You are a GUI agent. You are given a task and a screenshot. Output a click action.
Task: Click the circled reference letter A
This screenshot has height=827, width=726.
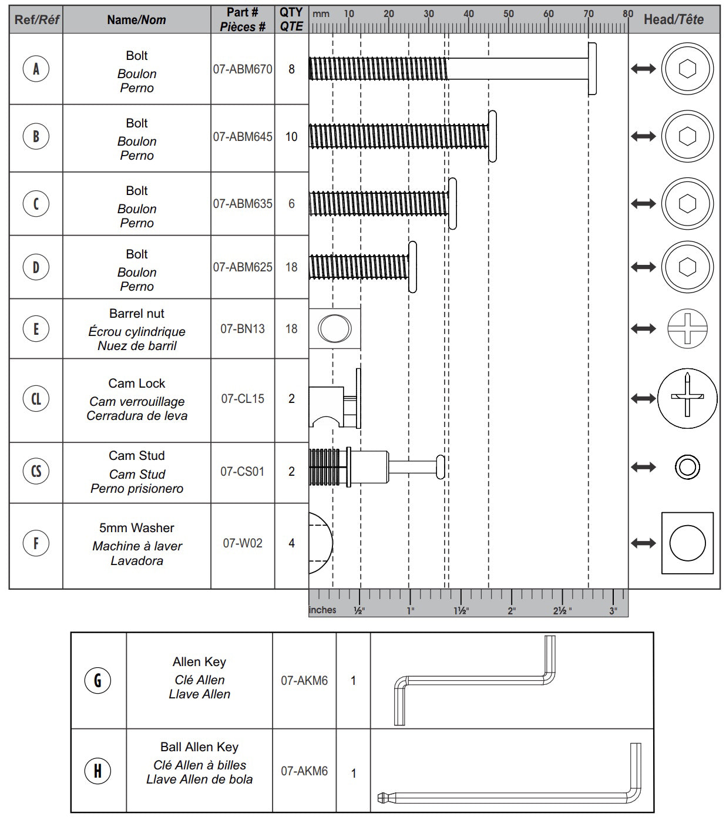pyautogui.click(x=36, y=69)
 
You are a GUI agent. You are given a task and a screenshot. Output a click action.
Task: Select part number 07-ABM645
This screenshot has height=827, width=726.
pyautogui.click(x=243, y=137)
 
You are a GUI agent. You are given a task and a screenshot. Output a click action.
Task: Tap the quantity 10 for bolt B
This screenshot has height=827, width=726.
pyautogui.click(x=291, y=137)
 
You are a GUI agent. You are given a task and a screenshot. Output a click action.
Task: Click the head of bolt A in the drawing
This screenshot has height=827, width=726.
pyautogui.click(x=592, y=69)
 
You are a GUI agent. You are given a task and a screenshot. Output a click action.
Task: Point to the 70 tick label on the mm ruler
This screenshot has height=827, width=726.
pyautogui.click(x=588, y=14)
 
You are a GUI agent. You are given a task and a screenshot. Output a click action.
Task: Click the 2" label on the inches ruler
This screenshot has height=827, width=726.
pyautogui.click(x=512, y=611)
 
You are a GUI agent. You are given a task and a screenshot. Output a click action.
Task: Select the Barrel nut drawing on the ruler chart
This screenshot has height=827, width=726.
pyautogui.click(x=335, y=328)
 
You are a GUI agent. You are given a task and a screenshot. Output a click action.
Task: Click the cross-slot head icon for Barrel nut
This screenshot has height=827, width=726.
pyautogui.click(x=687, y=328)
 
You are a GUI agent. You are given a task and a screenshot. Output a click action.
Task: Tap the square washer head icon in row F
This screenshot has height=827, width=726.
pyautogui.click(x=687, y=543)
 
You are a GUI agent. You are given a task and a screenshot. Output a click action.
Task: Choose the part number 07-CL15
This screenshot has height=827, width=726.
pyautogui.click(x=243, y=399)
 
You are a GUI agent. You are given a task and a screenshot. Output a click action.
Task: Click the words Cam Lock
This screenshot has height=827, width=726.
pyautogui.click(x=137, y=384)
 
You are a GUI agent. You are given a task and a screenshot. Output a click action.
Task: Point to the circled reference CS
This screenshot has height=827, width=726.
pyautogui.click(x=36, y=471)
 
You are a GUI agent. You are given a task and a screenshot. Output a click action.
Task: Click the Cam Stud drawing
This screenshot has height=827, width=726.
pyautogui.click(x=376, y=468)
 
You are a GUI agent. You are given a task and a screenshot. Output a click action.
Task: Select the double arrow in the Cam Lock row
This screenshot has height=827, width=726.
pyautogui.click(x=643, y=399)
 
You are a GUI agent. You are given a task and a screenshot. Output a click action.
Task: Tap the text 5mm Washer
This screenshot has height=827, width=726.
pyautogui.click(x=137, y=528)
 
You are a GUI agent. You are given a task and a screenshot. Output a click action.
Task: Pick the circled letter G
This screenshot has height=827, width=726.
pyautogui.click(x=98, y=680)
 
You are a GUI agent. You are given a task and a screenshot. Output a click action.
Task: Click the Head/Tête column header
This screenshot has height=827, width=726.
pyautogui.click(x=674, y=19)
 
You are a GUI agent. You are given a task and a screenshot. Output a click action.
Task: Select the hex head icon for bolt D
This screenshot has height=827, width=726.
pyautogui.click(x=687, y=267)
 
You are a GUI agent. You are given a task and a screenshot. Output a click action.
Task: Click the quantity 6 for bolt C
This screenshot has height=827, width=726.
pyautogui.click(x=291, y=204)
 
